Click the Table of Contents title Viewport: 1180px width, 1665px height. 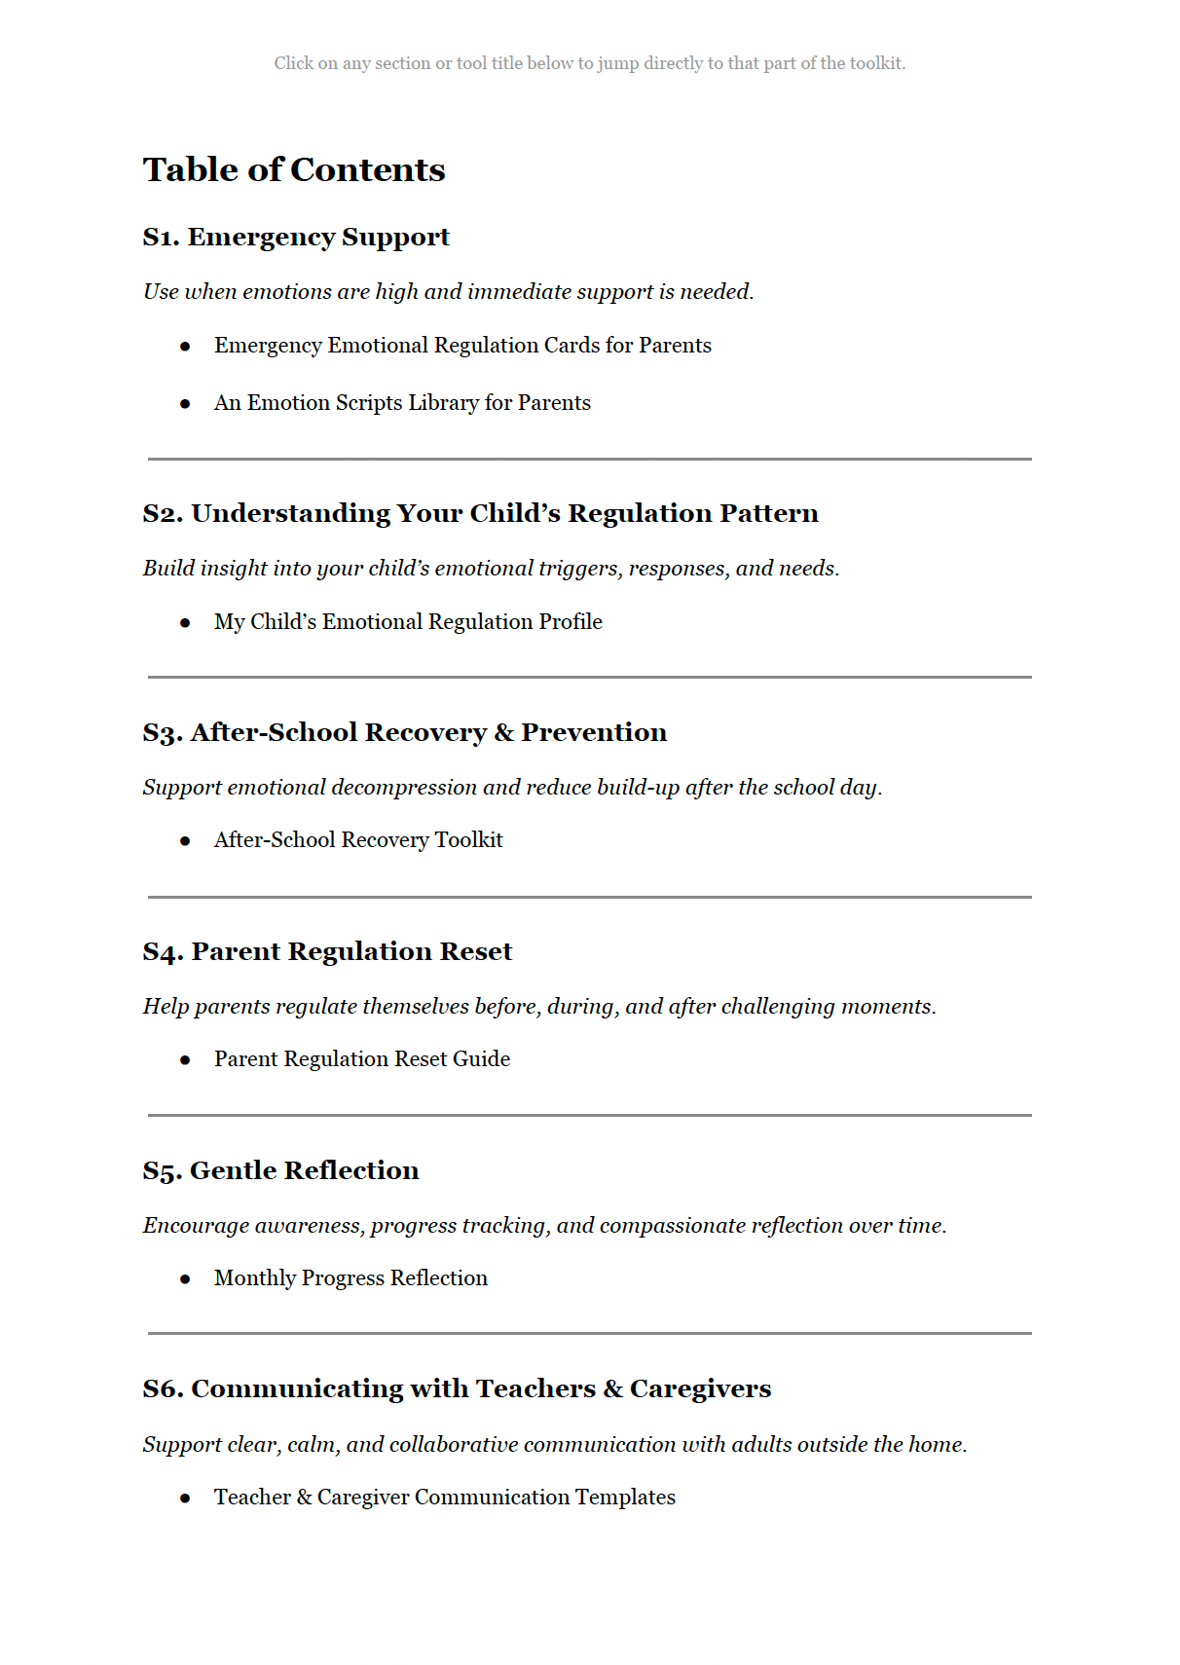pos(294,170)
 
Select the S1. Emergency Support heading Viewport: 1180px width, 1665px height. pos(296,238)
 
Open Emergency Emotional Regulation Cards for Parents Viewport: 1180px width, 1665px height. pos(462,346)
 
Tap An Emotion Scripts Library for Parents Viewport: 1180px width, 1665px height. pos(402,403)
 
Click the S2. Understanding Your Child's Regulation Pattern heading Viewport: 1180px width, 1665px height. pos(480,514)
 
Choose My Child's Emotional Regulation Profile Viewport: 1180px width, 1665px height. pos(408,622)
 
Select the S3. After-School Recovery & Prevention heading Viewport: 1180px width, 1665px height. pos(404,733)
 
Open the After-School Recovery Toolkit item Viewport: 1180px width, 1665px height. pos(358,840)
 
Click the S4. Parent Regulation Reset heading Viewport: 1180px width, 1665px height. pos(327,952)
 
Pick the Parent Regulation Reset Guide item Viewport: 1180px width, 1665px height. pos(362,1059)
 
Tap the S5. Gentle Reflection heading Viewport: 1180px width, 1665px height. pos(280,1171)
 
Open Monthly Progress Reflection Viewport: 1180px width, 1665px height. pos(350,1278)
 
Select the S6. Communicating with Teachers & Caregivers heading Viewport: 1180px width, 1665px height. pos(457,1389)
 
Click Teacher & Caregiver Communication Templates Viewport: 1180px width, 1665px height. pos(445,1498)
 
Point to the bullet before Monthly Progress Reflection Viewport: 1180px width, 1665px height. pos(185,1279)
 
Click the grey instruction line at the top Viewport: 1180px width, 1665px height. pos(589,63)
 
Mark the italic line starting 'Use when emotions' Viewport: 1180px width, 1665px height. pos(448,292)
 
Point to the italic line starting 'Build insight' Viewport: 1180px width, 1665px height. pos(491,569)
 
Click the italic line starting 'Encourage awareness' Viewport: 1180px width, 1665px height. pos(544,1226)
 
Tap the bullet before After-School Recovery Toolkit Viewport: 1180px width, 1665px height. pos(185,841)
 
